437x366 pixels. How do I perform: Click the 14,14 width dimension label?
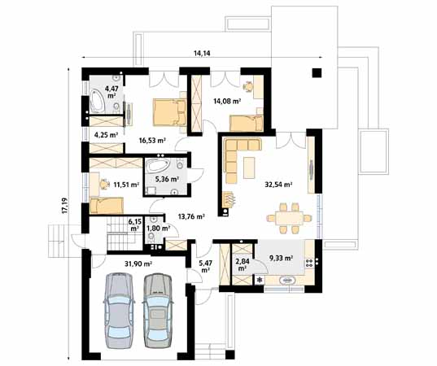(203, 53)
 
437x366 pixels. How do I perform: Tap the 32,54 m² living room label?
(278, 184)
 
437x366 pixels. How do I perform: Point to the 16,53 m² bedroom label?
(151, 140)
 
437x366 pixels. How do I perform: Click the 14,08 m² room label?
(226, 102)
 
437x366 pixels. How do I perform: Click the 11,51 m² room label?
(126, 185)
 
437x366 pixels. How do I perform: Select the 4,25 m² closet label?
(107, 134)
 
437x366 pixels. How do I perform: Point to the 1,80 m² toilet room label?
(158, 229)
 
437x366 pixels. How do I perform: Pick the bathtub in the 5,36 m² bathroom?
(158, 168)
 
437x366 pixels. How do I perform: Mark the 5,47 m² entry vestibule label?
(206, 265)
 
